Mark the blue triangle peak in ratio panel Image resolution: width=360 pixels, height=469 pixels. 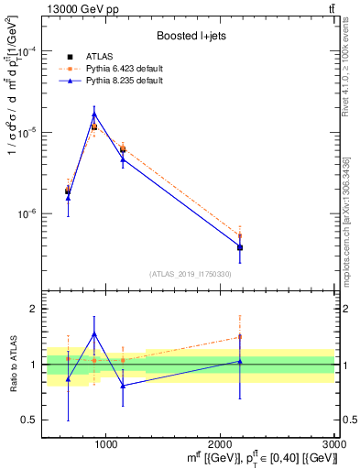(x=94, y=334)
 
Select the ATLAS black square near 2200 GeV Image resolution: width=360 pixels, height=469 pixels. (x=240, y=247)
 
